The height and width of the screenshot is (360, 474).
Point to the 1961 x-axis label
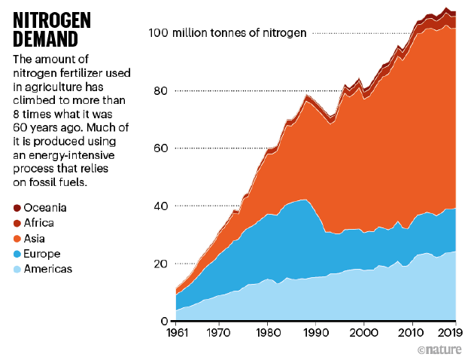pos(175,332)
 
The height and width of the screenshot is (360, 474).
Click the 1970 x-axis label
pos(218,332)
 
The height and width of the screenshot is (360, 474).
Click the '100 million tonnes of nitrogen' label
pos(227,33)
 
